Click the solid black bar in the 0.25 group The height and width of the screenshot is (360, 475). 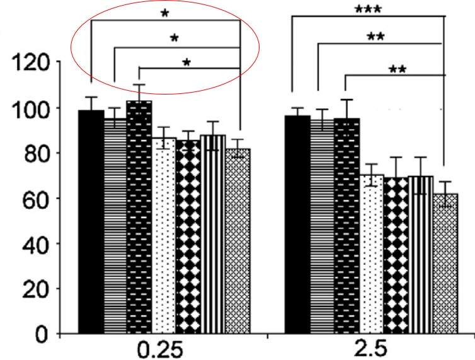91,221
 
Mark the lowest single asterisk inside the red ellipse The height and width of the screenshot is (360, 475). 186,62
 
